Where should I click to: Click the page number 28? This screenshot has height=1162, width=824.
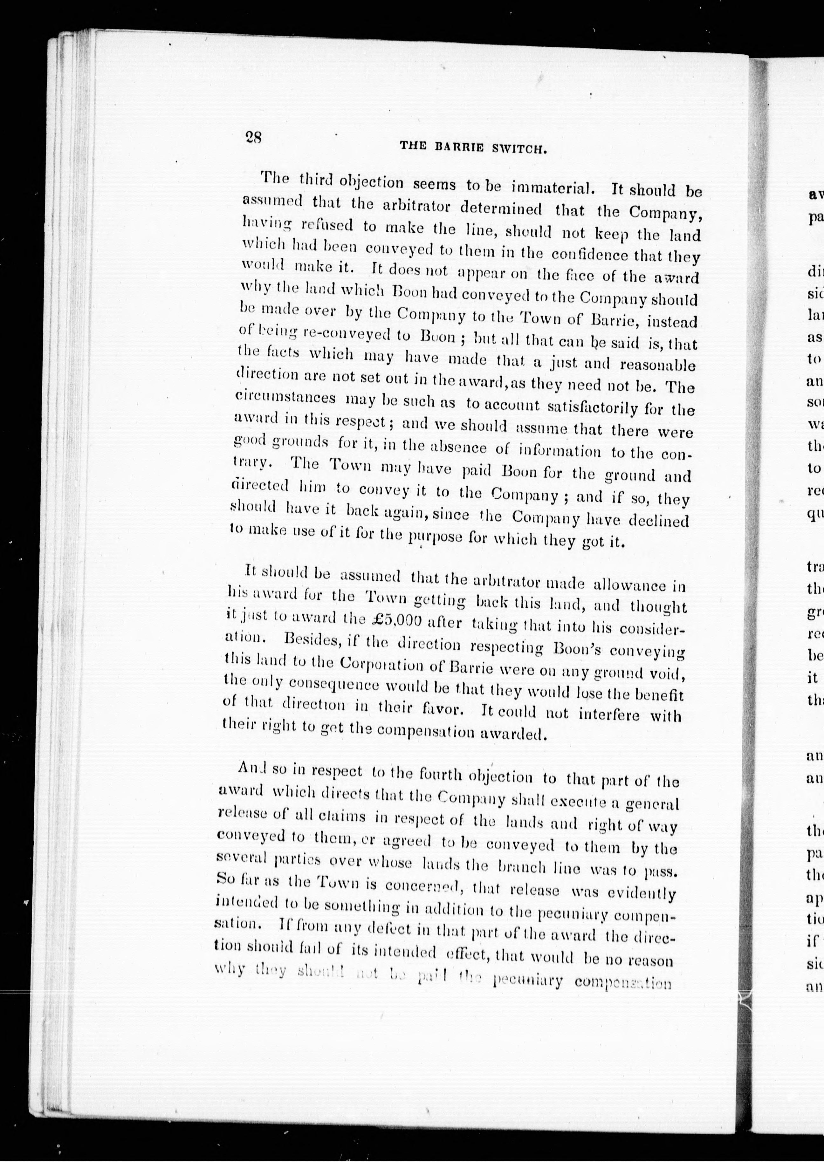click(x=253, y=137)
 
